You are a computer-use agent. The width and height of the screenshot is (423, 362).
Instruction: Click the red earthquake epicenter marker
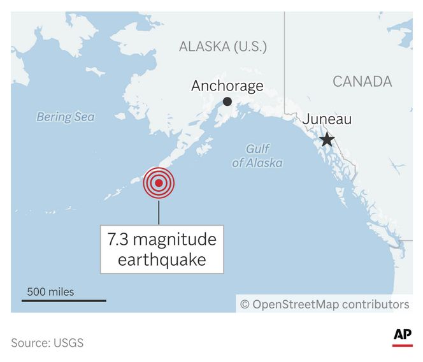[x=159, y=184]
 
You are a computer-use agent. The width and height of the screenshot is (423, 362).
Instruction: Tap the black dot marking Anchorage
[x=227, y=101]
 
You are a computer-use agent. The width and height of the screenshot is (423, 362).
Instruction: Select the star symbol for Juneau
[x=327, y=140]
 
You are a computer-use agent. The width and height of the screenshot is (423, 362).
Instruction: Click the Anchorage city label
[x=227, y=85]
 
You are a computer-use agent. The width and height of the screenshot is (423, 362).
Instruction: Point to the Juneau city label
[x=327, y=119]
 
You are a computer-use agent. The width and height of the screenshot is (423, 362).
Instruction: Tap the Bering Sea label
[x=65, y=117]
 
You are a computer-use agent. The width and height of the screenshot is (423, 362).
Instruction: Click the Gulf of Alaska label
[x=257, y=156]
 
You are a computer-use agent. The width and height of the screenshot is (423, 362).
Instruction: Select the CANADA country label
[x=362, y=81]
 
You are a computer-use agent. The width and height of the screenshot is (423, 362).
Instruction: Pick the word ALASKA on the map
[x=204, y=47]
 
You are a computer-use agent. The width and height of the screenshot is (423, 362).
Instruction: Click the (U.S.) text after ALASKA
[x=250, y=47]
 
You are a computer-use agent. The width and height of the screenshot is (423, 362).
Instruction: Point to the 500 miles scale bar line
[x=64, y=300]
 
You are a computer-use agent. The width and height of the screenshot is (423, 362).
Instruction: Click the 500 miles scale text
[x=50, y=292]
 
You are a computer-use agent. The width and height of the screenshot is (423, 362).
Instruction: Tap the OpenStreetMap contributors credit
[x=324, y=304]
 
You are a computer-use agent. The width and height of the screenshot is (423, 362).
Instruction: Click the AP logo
[x=402, y=335]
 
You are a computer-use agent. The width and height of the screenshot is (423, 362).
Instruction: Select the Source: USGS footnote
[x=47, y=343]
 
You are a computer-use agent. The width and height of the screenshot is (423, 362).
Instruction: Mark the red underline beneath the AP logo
[x=402, y=345]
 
